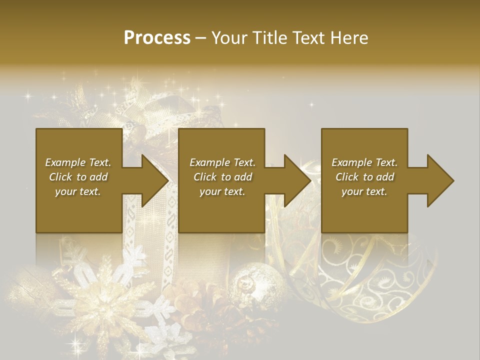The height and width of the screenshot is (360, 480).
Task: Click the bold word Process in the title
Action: (x=156, y=37)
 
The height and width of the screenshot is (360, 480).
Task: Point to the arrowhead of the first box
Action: (x=155, y=180)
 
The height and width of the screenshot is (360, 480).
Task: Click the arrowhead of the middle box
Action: (x=297, y=180)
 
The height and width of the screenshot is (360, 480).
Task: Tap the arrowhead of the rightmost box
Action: (x=440, y=180)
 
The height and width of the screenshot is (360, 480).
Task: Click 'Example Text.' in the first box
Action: (x=78, y=162)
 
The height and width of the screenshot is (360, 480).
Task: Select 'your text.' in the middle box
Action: (x=222, y=191)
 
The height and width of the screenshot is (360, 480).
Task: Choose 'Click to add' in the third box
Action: (x=364, y=177)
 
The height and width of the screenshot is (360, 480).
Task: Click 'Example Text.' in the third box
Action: (x=364, y=162)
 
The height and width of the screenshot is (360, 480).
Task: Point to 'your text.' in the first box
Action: (x=78, y=191)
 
